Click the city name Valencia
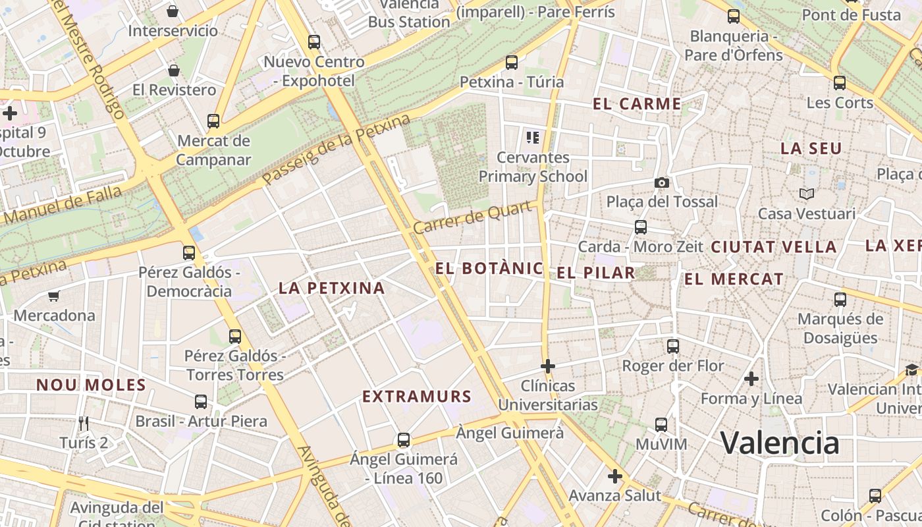click(x=780, y=443)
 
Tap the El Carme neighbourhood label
click(x=637, y=103)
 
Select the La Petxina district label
click(x=331, y=288)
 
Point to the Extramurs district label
click(x=417, y=396)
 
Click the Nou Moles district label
click(x=91, y=385)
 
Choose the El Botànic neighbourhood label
click(x=489, y=268)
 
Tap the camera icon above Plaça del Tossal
click(x=661, y=182)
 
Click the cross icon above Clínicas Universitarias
click(x=548, y=366)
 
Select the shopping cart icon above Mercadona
click(x=54, y=296)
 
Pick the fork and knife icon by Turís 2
click(x=84, y=423)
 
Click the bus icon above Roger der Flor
click(x=672, y=347)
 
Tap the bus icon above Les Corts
click(x=839, y=83)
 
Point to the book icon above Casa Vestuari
click(x=806, y=194)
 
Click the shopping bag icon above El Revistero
click(x=174, y=70)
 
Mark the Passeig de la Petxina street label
click(x=336, y=150)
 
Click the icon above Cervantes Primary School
click(x=533, y=138)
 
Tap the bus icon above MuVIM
click(x=661, y=425)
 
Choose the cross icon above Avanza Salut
click(x=615, y=476)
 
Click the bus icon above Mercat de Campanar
click(x=213, y=121)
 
